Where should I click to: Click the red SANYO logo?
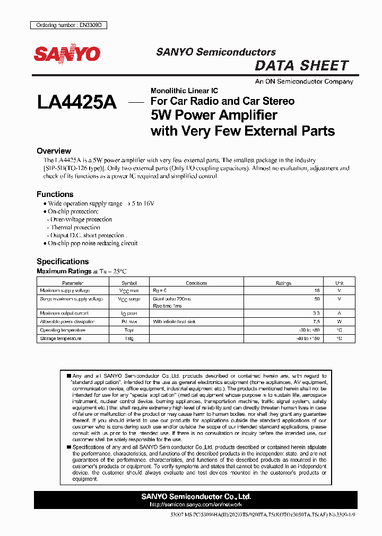[67, 53]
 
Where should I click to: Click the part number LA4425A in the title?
[76, 102]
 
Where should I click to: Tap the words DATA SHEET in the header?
[302, 66]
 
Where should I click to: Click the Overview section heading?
[54, 151]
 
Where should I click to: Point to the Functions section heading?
[55, 194]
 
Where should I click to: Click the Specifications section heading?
[62, 261]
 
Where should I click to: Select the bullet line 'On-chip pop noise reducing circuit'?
[92, 243]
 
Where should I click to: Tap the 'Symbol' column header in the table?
[129, 283]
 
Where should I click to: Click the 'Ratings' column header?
[283, 283]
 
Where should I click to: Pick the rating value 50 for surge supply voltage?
[317, 299]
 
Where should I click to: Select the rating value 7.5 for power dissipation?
[316, 321]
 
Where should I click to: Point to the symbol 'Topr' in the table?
[129, 330]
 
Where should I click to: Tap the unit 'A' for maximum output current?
[339, 314]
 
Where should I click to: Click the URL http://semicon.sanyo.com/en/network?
[196, 505]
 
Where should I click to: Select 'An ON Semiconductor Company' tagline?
[304, 82]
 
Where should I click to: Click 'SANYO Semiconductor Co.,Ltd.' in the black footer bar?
[196, 497]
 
